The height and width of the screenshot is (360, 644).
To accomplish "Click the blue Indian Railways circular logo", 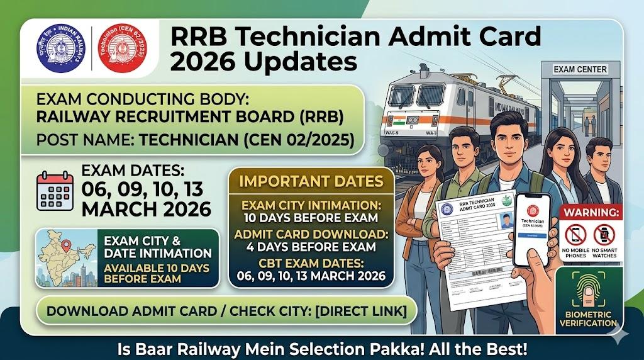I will [60, 48].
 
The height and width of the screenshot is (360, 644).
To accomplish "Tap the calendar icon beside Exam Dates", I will [55, 189].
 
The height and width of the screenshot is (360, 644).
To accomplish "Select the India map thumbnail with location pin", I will [65, 258].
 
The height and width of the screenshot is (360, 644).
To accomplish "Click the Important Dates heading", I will [311, 181].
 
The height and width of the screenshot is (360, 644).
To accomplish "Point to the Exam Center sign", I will [580, 69].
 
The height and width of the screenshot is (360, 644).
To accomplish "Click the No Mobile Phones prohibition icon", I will [575, 235].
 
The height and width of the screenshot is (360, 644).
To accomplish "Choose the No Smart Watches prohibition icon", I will [604, 235].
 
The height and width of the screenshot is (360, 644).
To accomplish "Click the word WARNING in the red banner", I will [591, 212].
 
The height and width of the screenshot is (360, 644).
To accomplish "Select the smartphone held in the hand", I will [532, 229].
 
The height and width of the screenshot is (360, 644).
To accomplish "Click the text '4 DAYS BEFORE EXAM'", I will [311, 246].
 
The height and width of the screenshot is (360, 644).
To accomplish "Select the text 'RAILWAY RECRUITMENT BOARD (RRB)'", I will [190, 116].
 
